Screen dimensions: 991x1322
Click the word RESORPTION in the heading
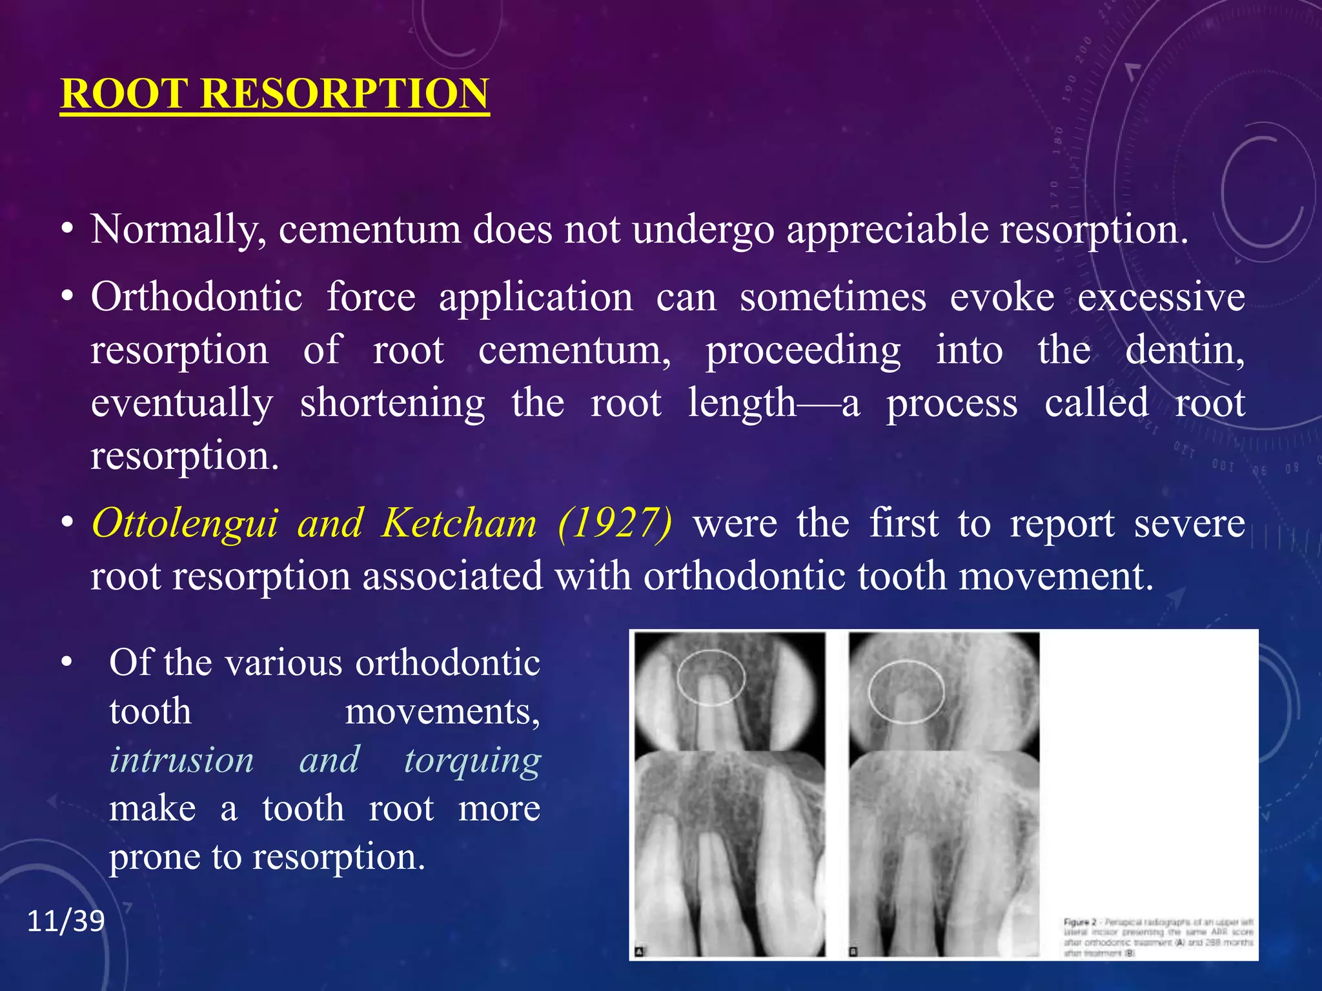345,94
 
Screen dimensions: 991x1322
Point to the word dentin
1185,350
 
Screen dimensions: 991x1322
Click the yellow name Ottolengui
185,523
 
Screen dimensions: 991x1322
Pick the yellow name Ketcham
459,523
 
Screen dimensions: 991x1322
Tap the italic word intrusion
181,760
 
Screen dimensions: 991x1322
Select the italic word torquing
473,760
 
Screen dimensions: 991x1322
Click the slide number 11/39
66,921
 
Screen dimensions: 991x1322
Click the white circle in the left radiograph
711,677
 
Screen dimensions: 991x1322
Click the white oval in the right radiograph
906,691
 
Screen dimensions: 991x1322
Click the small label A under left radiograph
640,952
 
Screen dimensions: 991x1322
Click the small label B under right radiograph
853,952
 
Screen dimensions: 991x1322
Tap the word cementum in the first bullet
369,230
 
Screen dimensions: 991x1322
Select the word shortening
392,403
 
